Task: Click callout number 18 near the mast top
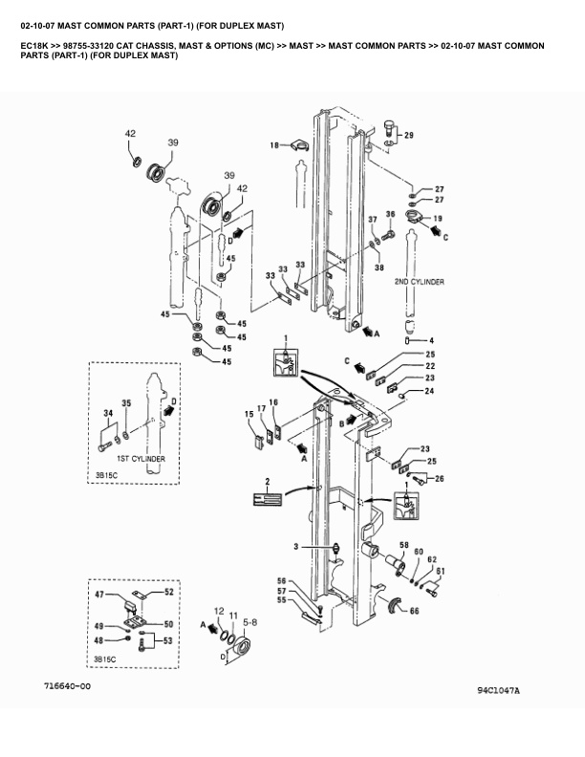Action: [x=274, y=145]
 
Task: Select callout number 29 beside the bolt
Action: [x=409, y=136]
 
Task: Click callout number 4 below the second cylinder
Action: [x=431, y=340]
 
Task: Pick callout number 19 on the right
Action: [x=439, y=219]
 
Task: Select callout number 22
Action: [x=431, y=366]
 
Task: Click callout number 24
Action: [x=430, y=390]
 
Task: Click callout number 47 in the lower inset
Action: [x=98, y=595]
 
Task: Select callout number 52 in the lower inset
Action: [x=169, y=593]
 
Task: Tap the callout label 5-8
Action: [x=249, y=621]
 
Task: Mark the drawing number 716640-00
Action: [x=67, y=686]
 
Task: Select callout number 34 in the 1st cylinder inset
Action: [x=107, y=412]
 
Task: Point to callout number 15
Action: [x=249, y=413]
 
